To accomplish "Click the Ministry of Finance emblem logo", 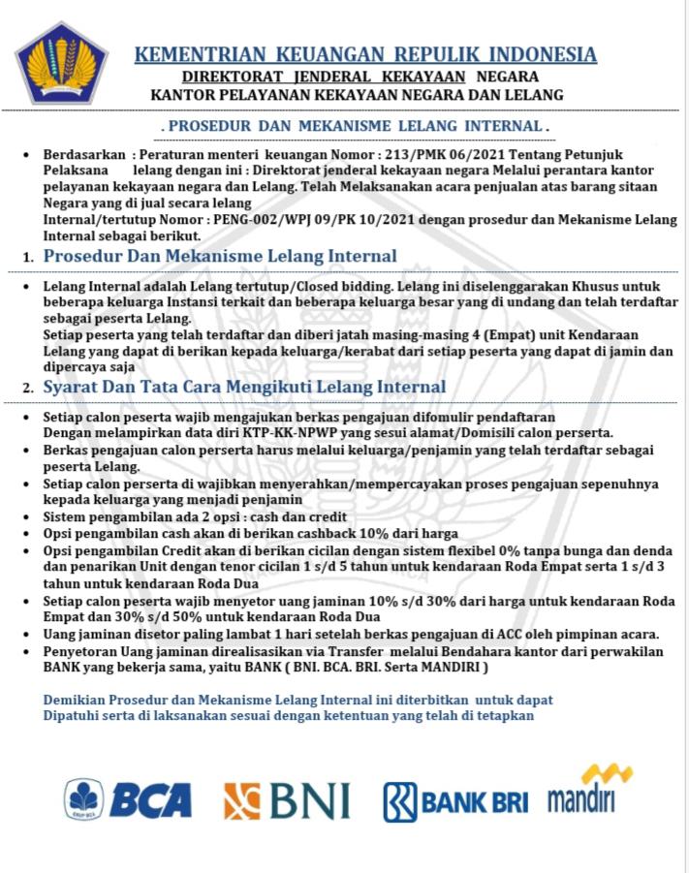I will [62, 64].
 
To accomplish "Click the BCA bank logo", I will [128, 799].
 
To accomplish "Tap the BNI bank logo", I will [287, 800].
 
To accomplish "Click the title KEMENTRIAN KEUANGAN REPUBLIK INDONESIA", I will [365, 54].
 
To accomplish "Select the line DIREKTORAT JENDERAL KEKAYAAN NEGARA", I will [360, 77].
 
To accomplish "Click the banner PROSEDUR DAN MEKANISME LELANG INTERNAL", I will [356, 127].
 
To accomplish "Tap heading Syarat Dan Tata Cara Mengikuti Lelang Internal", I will [244, 387].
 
